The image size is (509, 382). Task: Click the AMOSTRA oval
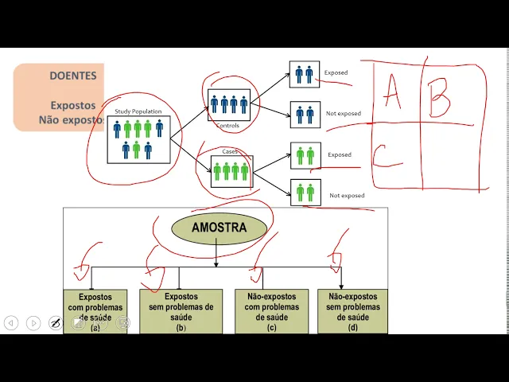tap(219, 228)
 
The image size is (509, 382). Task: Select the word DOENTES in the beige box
tap(73, 76)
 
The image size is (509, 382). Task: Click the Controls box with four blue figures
tap(229, 105)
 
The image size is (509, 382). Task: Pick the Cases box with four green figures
tap(231, 171)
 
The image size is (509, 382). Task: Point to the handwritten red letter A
tap(391, 93)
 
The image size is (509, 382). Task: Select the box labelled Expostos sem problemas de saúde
tap(181, 311)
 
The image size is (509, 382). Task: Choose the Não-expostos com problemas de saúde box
tap(266, 311)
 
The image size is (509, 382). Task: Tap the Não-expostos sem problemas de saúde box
tap(353, 311)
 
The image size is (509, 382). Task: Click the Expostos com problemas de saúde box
tap(95, 311)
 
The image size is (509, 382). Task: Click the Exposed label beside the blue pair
tap(336, 73)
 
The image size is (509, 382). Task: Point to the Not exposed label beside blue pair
tap(343, 114)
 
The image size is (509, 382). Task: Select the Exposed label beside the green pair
tap(340, 155)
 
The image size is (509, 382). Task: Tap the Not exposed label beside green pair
tap(347, 196)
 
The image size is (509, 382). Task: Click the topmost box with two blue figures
tap(304, 74)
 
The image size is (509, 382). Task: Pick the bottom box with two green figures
tap(305, 193)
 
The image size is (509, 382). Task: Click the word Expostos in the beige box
tap(73, 105)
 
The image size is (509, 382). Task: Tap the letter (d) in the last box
tap(353, 328)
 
